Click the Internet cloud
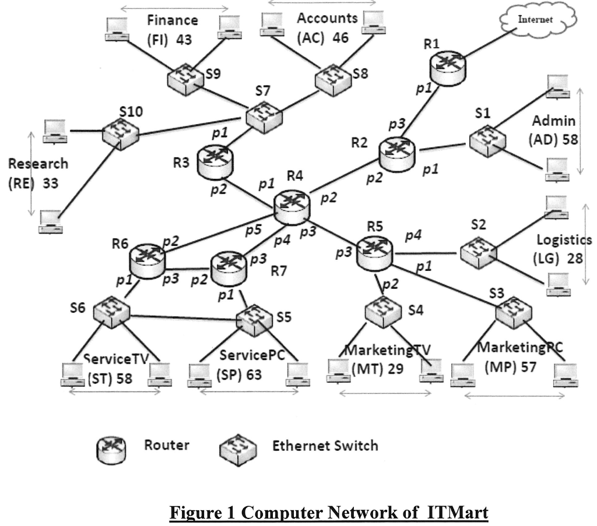pyautogui.click(x=538, y=19)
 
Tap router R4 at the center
pyautogui.click(x=292, y=207)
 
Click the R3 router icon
pyautogui.click(x=215, y=163)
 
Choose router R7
pyautogui.click(x=229, y=268)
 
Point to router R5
pyautogui.click(x=375, y=253)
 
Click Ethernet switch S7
pyautogui.click(x=264, y=117)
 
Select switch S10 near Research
pyautogui.click(x=121, y=133)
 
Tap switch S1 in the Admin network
pyautogui.click(x=488, y=141)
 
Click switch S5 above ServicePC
pyautogui.click(x=254, y=320)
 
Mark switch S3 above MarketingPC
pyautogui.click(x=514, y=313)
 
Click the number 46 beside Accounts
pyautogui.click(x=340, y=38)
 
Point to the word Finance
pyautogui.click(x=173, y=20)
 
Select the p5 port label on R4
pyautogui.click(x=253, y=230)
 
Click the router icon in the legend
pyautogui.click(x=111, y=450)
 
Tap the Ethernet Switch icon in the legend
pyautogui.click(x=238, y=450)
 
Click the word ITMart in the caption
pyautogui.click(x=457, y=512)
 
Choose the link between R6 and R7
pyautogui.click(x=188, y=269)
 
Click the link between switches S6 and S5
pyautogui.click(x=183, y=317)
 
